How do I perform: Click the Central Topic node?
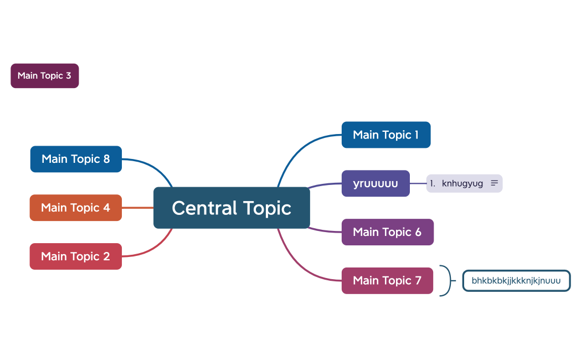[232, 208]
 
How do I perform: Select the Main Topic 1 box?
[385, 135]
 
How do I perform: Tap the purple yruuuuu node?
[376, 183]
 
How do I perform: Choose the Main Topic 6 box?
[387, 232]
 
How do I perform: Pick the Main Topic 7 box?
[387, 280]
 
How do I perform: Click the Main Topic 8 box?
[76, 159]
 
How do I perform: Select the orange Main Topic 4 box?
[75, 208]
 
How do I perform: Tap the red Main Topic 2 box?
[75, 256]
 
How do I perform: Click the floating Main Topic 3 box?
[44, 76]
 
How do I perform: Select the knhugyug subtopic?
[462, 183]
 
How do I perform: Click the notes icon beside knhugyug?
[495, 183]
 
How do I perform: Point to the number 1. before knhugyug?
[433, 183]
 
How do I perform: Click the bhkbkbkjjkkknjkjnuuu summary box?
[516, 281]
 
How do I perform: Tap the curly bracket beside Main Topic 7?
[446, 281]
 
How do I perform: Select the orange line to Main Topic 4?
[137, 208]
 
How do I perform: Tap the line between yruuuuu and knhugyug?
[418, 183]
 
